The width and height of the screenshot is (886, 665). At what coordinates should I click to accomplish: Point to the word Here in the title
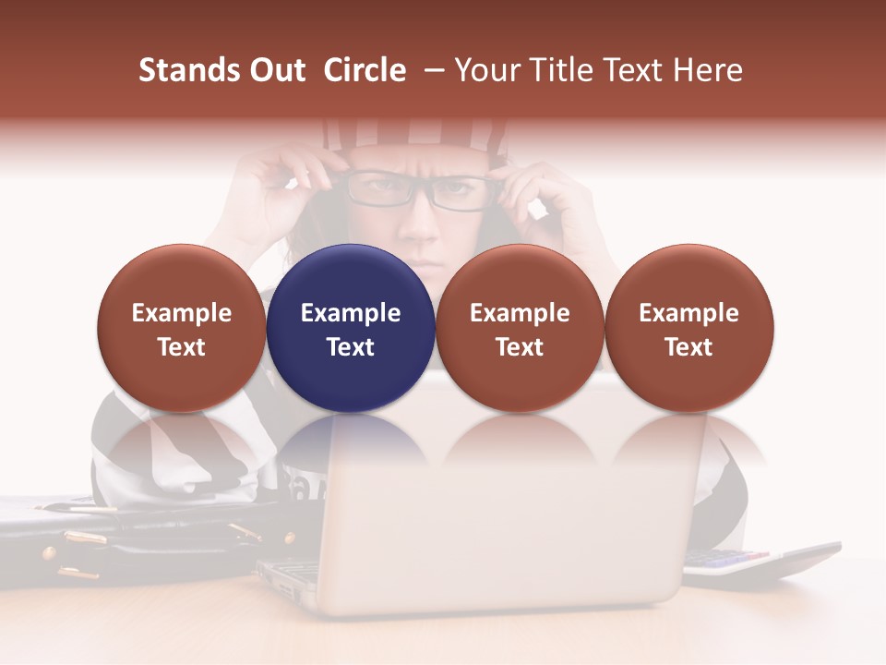pyautogui.click(x=709, y=70)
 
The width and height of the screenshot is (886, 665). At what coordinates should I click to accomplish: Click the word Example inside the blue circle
pyautogui.click(x=351, y=313)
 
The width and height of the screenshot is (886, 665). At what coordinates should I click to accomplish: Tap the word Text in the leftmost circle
pyautogui.click(x=182, y=347)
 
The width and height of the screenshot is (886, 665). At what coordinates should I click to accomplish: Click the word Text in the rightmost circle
pyautogui.click(x=688, y=347)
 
